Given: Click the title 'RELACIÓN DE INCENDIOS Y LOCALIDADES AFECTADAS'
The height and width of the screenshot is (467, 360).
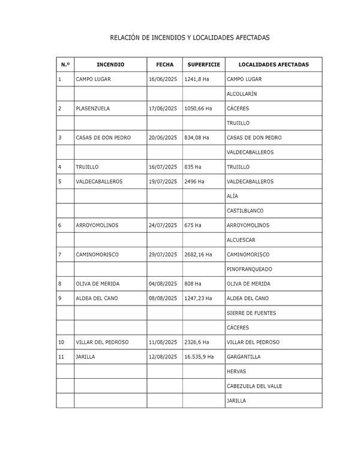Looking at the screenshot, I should coord(190,38).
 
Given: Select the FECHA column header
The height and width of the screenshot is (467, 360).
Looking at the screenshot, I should coord(164,64).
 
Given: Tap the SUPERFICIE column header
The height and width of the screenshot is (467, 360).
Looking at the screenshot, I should coord(203,64).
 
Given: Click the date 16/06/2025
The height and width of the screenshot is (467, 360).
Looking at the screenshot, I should coord(163,79).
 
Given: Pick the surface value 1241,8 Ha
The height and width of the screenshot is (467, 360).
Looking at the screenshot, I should coord(197,79).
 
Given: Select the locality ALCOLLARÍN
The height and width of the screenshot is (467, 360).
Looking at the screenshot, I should coord(242,94).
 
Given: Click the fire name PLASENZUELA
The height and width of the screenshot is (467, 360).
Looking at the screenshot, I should coord(93,109).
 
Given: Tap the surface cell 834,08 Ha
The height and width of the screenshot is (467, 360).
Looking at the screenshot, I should coord(197,138).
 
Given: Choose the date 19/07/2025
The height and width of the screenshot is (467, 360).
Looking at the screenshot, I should coord(163,181).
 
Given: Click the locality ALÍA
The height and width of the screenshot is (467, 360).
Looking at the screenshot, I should coord(232,196).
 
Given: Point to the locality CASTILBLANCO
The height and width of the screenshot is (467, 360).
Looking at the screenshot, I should coord(244,211).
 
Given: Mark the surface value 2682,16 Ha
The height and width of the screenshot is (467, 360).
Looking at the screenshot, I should coord(198,255).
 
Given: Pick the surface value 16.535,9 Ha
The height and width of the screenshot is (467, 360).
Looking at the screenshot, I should coord(199,357).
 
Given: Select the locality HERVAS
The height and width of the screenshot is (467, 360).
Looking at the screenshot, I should coord(236,372).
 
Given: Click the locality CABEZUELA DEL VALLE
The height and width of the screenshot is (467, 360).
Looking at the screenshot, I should coord(254,386).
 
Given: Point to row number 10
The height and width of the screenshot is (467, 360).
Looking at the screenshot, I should coord(61,342).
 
